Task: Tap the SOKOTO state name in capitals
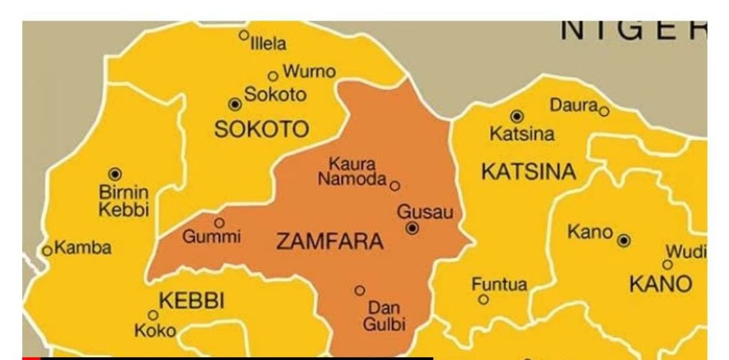[x=263, y=129]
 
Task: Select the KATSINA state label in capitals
[x=528, y=171]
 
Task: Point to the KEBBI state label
[x=191, y=301]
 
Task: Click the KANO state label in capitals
[x=661, y=285]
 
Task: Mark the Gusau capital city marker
[x=411, y=228]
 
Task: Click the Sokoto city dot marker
[x=234, y=104]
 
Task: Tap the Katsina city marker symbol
[x=517, y=116]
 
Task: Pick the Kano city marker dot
[x=624, y=240]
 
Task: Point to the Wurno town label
[x=309, y=72]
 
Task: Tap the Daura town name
[x=572, y=106]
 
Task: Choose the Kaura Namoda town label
[x=352, y=171]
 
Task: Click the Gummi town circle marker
[x=219, y=223]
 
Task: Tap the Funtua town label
[x=500, y=285]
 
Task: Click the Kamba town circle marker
[x=48, y=250]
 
